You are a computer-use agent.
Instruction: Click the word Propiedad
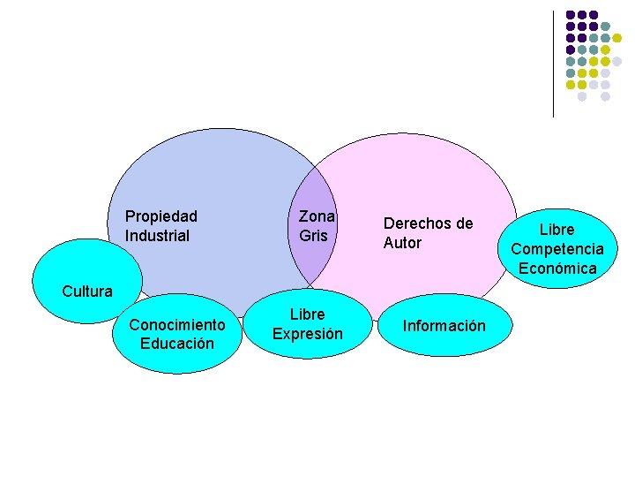click(x=161, y=216)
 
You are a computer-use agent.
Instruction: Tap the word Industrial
click(x=157, y=236)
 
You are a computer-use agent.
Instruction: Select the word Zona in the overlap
click(x=317, y=216)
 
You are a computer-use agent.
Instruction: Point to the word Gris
click(x=313, y=236)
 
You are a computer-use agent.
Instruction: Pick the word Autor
click(x=402, y=243)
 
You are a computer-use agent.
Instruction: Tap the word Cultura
click(x=87, y=291)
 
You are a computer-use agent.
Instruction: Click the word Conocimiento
click(x=177, y=324)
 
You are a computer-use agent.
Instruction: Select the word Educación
click(x=177, y=343)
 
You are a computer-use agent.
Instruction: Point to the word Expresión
click(x=308, y=334)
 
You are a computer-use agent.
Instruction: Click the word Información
click(x=444, y=326)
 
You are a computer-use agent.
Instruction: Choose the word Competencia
click(x=557, y=249)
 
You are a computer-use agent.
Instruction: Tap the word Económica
click(x=557, y=269)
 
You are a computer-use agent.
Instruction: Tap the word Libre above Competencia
click(x=557, y=230)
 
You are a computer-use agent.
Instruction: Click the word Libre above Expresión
click(x=308, y=314)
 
